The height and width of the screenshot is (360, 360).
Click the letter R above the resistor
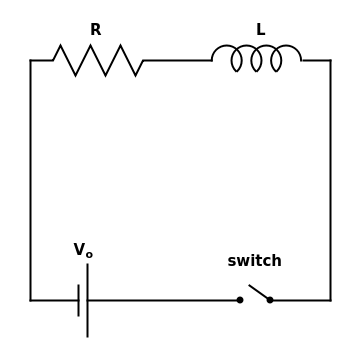click(95, 30)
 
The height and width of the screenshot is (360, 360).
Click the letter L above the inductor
click(260, 30)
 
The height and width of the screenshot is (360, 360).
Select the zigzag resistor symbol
click(98, 60)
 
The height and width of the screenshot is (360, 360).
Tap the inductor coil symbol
click(256, 59)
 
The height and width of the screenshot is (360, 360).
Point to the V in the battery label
click(79, 250)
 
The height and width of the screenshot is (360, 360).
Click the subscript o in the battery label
click(89, 255)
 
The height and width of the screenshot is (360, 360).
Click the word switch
click(254, 261)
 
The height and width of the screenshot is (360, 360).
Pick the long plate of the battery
click(87, 300)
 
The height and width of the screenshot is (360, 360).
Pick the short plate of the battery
click(78, 300)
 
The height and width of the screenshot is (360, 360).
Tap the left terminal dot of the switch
click(240, 300)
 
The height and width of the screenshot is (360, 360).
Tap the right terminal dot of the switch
click(270, 300)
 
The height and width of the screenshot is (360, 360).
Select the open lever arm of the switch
click(258, 292)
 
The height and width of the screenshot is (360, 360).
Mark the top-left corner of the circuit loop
click(30, 60)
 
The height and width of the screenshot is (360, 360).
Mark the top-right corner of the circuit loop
click(330, 60)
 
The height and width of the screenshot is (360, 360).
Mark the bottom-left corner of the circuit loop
click(30, 300)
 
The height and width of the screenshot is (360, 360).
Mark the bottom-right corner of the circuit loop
click(330, 300)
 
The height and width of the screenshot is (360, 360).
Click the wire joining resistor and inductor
click(177, 60)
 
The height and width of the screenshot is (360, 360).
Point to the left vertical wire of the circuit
click(30, 180)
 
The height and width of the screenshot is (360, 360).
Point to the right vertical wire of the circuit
click(330, 180)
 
